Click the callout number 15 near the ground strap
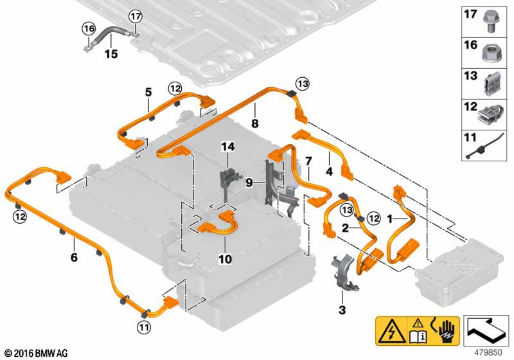tap(111, 54)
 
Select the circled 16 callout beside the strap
tap(87, 28)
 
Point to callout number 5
tap(148, 93)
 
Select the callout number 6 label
tap(74, 257)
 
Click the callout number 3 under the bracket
tap(342, 310)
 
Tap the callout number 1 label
tap(389, 219)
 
